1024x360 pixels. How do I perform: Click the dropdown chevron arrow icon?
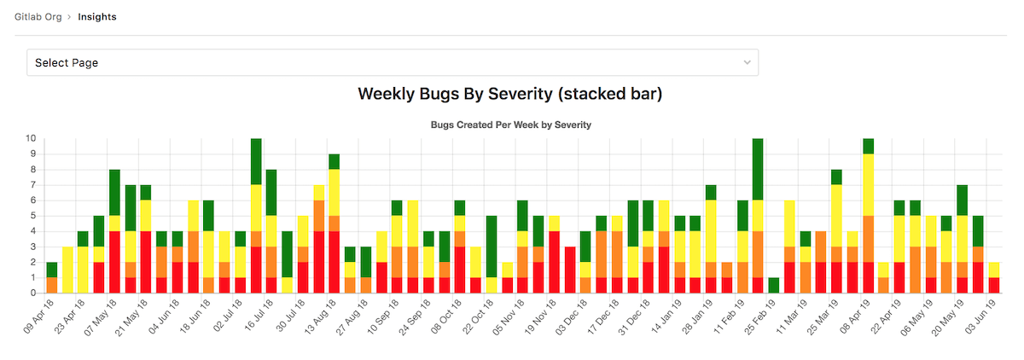click(x=748, y=62)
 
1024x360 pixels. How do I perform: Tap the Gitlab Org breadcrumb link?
click(x=38, y=17)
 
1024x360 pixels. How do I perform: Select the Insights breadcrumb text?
click(x=97, y=17)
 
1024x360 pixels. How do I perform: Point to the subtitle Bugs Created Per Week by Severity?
click(x=511, y=125)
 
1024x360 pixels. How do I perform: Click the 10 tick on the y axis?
click(x=31, y=138)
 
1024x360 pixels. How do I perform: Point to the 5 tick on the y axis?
click(x=33, y=216)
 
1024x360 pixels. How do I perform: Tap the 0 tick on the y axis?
click(x=33, y=293)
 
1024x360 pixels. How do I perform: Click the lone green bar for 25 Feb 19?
click(x=773, y=286)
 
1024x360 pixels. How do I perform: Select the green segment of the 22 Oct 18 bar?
click(x=492, y=247)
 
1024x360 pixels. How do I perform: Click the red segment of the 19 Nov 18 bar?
click(x=554, y=262)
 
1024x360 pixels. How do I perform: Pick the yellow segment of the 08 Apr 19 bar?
click(x=868, y=184)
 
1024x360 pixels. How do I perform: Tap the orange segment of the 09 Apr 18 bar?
click(x=52, y=286)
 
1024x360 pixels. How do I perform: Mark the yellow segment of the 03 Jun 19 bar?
click(x=993, y=270)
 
